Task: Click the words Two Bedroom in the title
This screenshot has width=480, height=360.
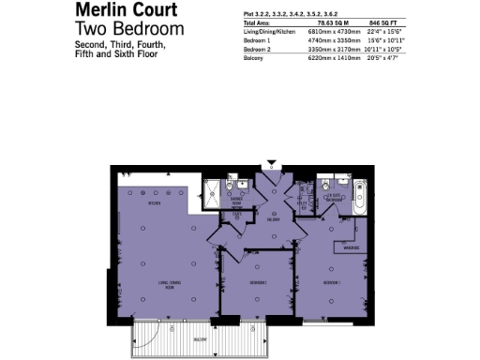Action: pyautogui.click(x=117, y=29)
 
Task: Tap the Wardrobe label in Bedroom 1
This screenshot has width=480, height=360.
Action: pyautogui.click(x=351, y=247)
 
